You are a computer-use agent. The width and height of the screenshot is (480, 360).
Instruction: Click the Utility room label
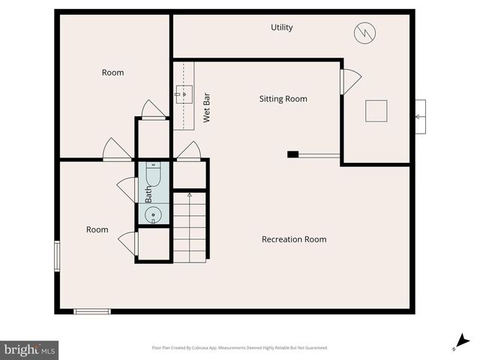pos(282,28)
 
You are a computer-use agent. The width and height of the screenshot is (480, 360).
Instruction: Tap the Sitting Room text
pos(283,99)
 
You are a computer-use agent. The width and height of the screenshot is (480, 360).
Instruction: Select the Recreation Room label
pos(294,239)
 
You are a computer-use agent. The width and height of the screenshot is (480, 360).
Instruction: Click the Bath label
pos(148,195)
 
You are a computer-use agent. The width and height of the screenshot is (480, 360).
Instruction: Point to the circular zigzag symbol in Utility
pos(365,32)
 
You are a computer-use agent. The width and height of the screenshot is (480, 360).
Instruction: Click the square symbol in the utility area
pos(376,111)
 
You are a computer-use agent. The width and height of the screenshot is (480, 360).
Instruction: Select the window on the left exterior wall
pos(56,255)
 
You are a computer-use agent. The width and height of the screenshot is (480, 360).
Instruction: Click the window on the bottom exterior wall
pos(92,310)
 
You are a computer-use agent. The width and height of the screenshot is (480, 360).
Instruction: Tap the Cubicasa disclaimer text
pos(239,348)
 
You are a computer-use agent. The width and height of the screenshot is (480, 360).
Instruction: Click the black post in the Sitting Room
pos(293,155)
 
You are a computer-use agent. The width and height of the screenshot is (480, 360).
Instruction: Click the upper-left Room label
pos(112,73)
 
